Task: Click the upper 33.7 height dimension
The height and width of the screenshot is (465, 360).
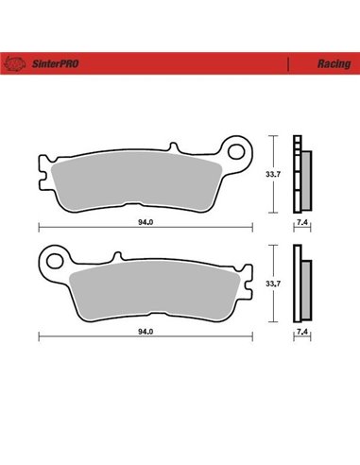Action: tap(272, 174)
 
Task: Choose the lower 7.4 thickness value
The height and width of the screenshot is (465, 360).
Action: tap(302, 332)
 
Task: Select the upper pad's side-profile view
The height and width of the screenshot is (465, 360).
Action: tap(303, 175)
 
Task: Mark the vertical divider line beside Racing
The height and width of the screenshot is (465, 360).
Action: tap(286, 64)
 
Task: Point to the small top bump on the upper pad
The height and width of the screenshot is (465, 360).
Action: tap(176, 148)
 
